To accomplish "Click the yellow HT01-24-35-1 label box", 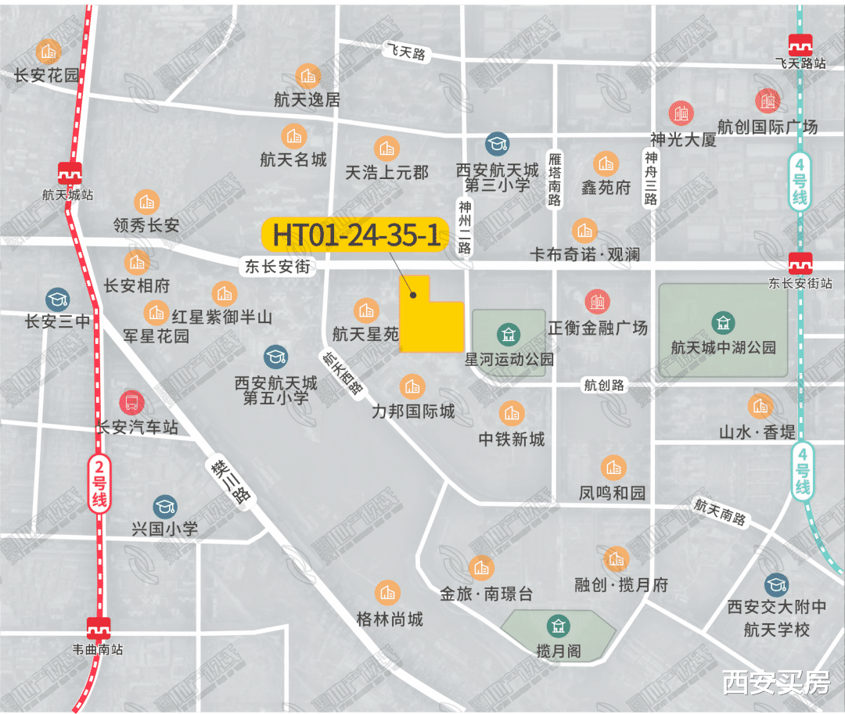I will tap(356, 235).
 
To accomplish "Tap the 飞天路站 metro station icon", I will tap(800, 45).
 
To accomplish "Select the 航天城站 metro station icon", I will tap(70, 173).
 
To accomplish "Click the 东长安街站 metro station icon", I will tap(799, 263).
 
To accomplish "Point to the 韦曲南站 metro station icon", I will tap(99, 628).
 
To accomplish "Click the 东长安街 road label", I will tap(276, 267).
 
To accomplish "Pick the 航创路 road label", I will tap(604, 385).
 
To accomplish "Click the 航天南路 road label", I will tap(720, 513).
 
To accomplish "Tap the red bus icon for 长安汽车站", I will tap(131, 404).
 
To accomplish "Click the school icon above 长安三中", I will tap(56, 298).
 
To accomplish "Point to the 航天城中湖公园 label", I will tap(723, 347).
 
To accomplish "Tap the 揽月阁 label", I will tap(559, 651).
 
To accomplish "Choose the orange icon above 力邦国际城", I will tap(412, 386).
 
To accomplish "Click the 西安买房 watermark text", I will tap(775, 683).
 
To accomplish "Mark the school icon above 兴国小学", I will tap(165, 506).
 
